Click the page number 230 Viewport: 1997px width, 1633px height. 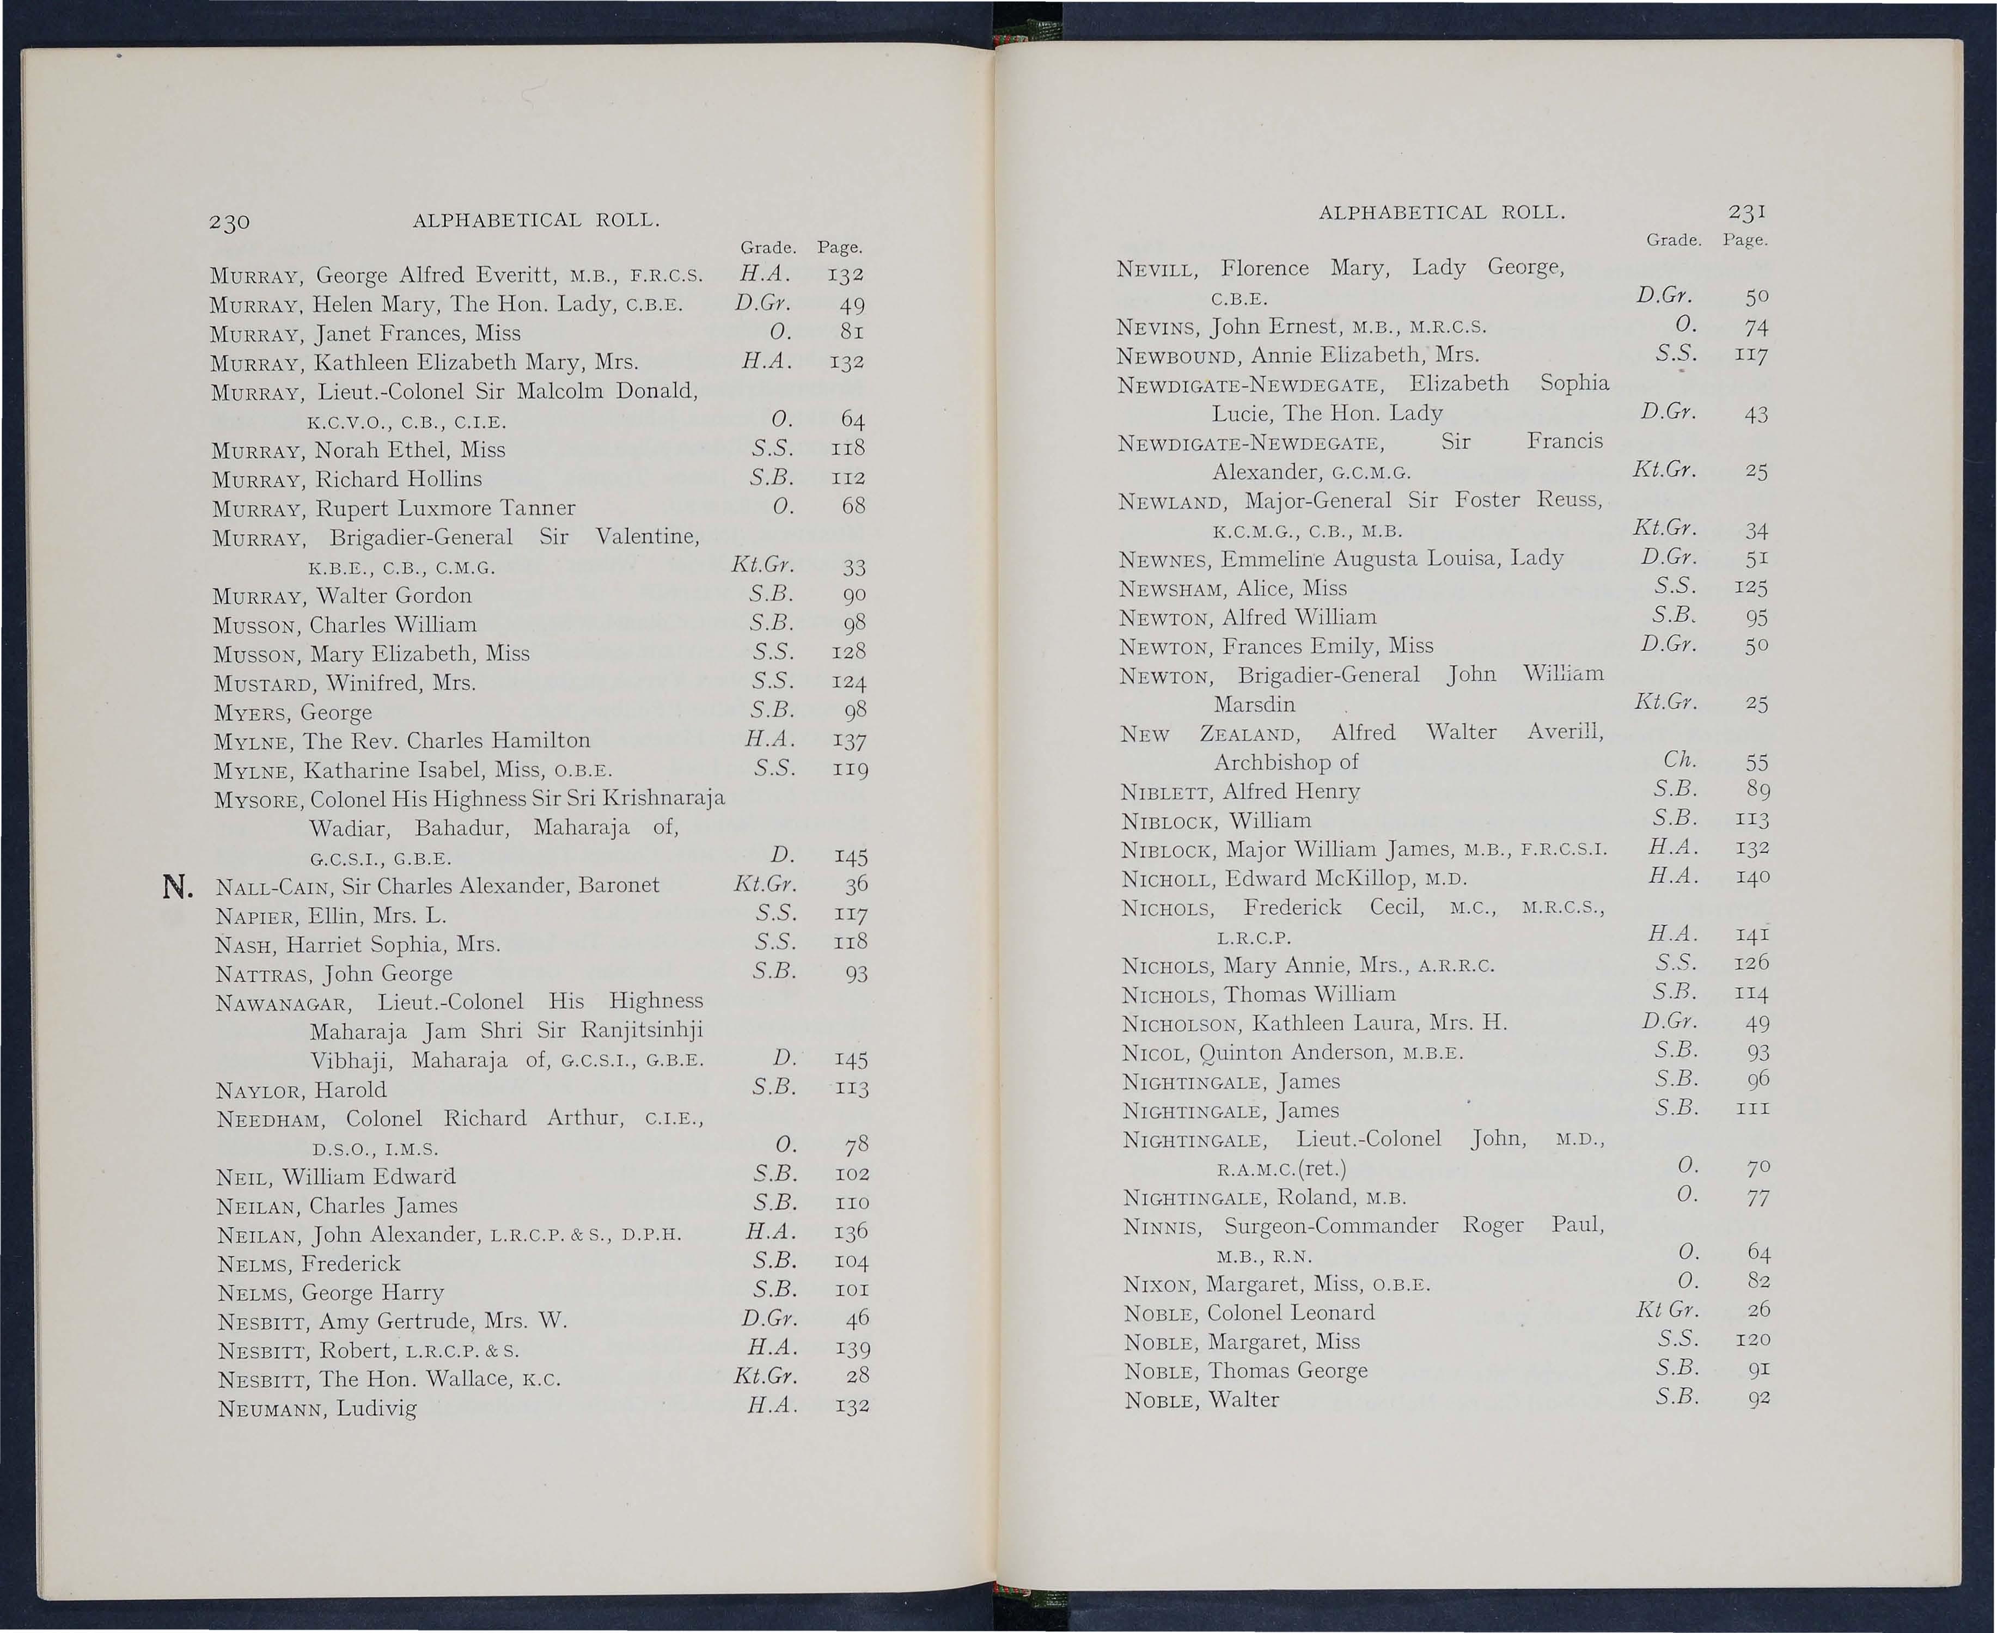point(229,222)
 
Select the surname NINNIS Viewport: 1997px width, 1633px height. point(1162,1227)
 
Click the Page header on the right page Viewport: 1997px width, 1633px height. point(1745,241)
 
